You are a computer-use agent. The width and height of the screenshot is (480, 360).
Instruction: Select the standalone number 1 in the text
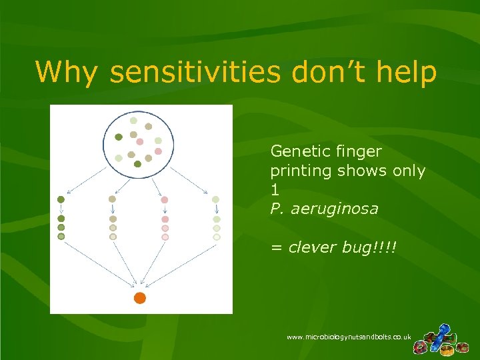(x=274, y=189)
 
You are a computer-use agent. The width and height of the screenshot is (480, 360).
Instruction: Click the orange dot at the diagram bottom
(x=139, y=298)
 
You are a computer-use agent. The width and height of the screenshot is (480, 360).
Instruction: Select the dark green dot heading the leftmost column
(x=61, y=199)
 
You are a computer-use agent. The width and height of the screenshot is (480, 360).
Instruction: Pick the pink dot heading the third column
(x=165, y=199)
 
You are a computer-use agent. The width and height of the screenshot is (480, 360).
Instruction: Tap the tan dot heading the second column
(x=113, y=199)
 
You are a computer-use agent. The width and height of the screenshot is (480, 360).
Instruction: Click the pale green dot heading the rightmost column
(x=216, y=199)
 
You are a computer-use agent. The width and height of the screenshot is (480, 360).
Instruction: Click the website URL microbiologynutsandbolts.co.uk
(x=348, y=337)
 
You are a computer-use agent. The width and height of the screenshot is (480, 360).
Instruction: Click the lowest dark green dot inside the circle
(x=137, y=164)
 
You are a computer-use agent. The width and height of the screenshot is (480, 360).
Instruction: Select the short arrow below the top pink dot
(x=165, y=209)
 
